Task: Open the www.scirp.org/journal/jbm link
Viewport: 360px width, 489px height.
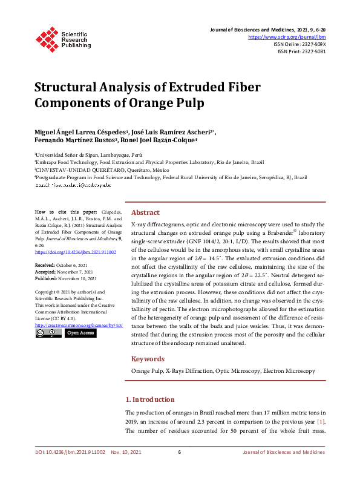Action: click(287, 37)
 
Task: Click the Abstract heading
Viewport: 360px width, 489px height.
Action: click(145, 212)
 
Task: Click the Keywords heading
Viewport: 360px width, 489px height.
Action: click(148, 359)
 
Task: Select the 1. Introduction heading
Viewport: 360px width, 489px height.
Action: click(150, 399)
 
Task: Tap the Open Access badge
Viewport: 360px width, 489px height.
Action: click(80, 333)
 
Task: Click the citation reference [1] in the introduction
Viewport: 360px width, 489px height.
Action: click(322, 421)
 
